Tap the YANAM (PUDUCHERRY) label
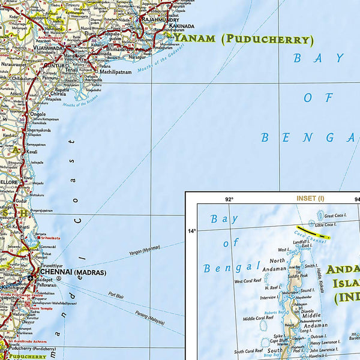(x=244, y=40)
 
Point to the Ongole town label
(x=38, y=113)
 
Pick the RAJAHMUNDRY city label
(x=159, y=19)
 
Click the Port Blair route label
(x=116, y=295)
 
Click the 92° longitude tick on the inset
(x=229, y=199)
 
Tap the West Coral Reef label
(x=247, y=281)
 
